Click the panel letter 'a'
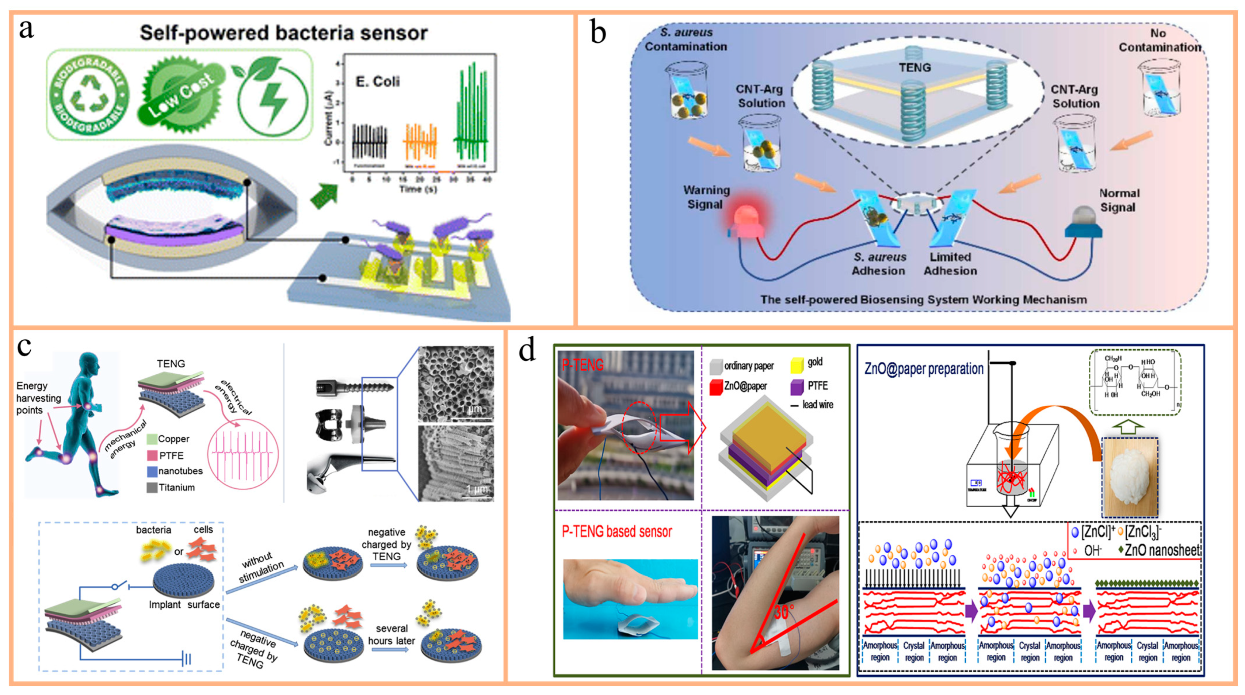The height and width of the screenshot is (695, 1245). coord(27,30)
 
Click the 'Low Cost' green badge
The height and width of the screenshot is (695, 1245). coord(181,96)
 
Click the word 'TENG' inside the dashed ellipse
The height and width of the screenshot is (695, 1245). coord(914,68)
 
